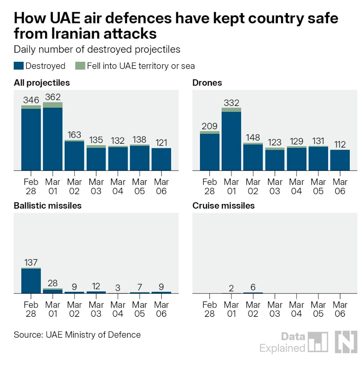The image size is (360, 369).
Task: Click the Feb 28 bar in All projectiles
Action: (x=31, y=139)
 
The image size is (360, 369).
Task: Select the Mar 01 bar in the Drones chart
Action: (x=231, y=140)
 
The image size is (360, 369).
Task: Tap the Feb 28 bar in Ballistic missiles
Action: (x=31, y=281)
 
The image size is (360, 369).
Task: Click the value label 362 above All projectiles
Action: (x=53, y=97)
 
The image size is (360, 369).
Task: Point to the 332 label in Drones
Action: (x=231, y=103)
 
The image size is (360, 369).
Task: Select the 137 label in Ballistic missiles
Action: (x=31, y=263)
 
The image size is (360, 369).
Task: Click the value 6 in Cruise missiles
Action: (x=253, y=287)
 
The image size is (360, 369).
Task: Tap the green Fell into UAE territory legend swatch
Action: (x=80, y=66)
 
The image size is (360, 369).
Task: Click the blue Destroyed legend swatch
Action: (x=19, y=66)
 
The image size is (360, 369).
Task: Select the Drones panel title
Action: (x=207, y=83)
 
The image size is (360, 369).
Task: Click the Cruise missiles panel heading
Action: (x=223, y=205)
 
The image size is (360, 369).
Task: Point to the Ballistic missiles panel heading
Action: (x=47, y=205)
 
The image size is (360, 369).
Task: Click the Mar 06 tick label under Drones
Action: (x=340, y=186)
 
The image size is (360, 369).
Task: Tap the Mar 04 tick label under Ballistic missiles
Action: (x=118, y=309)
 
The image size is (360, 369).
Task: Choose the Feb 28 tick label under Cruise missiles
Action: (x=209, y=309)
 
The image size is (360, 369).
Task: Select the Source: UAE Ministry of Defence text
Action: (x=77, y=335)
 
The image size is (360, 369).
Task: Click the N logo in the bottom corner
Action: (x=346, y=342)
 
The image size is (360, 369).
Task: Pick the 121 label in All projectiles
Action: (x=161, y=143)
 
